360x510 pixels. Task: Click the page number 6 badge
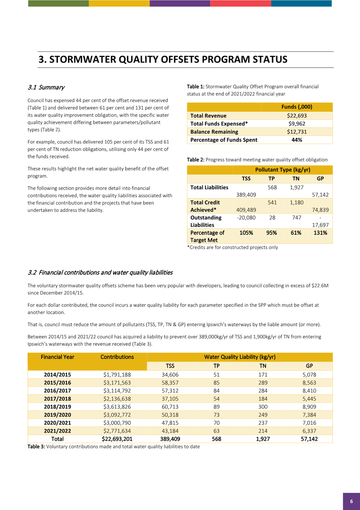[351, 501]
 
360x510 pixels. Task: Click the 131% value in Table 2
[320, 233]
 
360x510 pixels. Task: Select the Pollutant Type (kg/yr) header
[282, 170]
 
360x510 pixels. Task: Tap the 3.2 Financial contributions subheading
[100, 273]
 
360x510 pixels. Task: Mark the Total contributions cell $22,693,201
[117, 439]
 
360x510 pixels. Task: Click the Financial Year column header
[57, 356]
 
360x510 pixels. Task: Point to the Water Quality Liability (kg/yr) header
[239, 356]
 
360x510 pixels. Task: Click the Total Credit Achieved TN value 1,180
[296, 202]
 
